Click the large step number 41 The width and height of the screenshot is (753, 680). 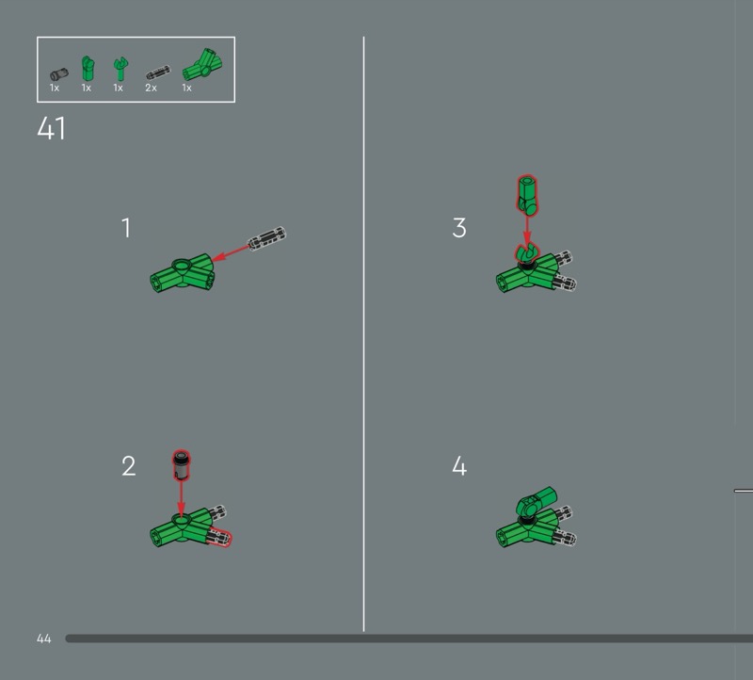[x=51, y=128]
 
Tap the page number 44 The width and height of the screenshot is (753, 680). [x=43, y=639]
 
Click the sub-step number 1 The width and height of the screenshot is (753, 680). [x=126, y=228]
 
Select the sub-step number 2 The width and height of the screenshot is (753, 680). [x=128, y=466]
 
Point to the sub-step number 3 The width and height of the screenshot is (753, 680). [x=459, y=228]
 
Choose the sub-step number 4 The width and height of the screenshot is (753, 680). [x=459, y=466]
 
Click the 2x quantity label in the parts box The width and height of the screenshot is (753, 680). [x=151, y=88]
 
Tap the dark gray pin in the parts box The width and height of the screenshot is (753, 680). [x=59, y=74]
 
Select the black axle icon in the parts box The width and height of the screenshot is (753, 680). [x=158, y=73]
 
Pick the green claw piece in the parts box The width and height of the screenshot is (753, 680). [x=120, y=69]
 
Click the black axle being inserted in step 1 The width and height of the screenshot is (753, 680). [x=266, y=238]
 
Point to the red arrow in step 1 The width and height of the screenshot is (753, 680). [x=230, y=253]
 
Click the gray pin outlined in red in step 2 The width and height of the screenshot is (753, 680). [x=181, y=464]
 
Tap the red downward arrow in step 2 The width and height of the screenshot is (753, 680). [x=181, y=499]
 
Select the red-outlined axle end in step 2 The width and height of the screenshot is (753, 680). [x=221, y=538]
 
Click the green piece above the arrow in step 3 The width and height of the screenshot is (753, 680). [x=527, y=195]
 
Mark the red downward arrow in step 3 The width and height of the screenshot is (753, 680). [x=527, y=231]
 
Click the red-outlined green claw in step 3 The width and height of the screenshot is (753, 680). [x=527, y=252]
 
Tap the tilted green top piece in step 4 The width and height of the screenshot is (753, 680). [x=537, y=502]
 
